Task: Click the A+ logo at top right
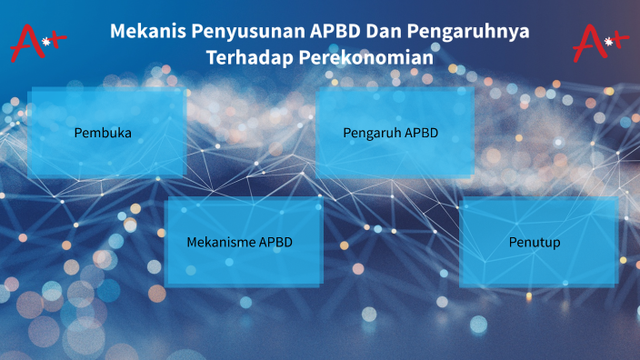(600, 42)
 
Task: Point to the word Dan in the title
(385, 31)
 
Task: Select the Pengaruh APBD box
(394, 133)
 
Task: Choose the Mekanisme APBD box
(243, 243)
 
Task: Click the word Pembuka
(103, 133)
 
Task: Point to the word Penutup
(535, 243)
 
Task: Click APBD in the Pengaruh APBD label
(422, 133)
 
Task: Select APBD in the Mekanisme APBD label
(276, 243)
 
